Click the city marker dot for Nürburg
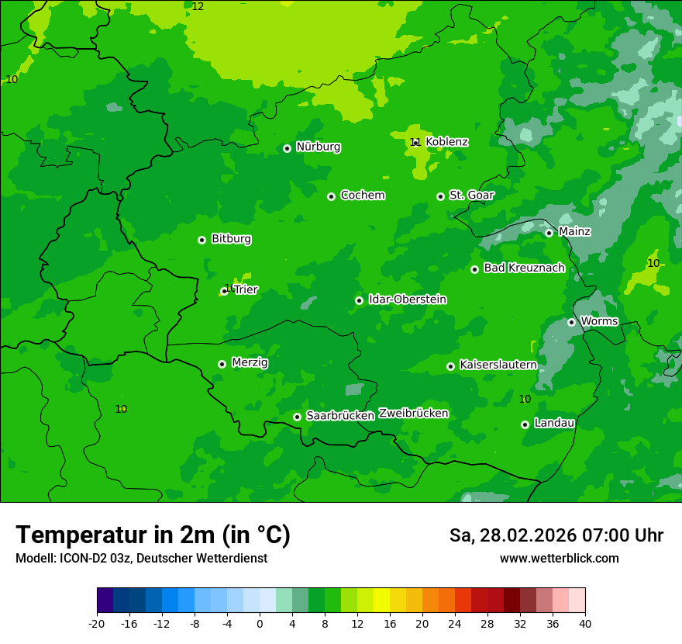tap(287, 148)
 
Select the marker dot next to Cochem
tap(331, 196)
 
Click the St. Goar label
tap(471, 196)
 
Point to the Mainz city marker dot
tap(549, 233)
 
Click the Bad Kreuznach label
tap(524, 268)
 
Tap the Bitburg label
tap(231, 239)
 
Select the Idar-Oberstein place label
tap(407, 299)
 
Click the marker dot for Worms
tap(571, 322)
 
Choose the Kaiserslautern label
tap(498, 365)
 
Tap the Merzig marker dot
tap(222, 364)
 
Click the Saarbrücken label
tap(339, 416)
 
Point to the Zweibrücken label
tap(413, 414)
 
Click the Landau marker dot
tap(525, 424)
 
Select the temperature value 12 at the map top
tap(198, 6)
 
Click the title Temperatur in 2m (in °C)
tap(153, 535)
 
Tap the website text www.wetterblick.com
tap(559, 559)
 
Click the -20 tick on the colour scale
tap(97, 623)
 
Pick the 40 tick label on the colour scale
tap(585, 623)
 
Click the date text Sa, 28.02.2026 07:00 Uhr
tap(556, 535)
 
